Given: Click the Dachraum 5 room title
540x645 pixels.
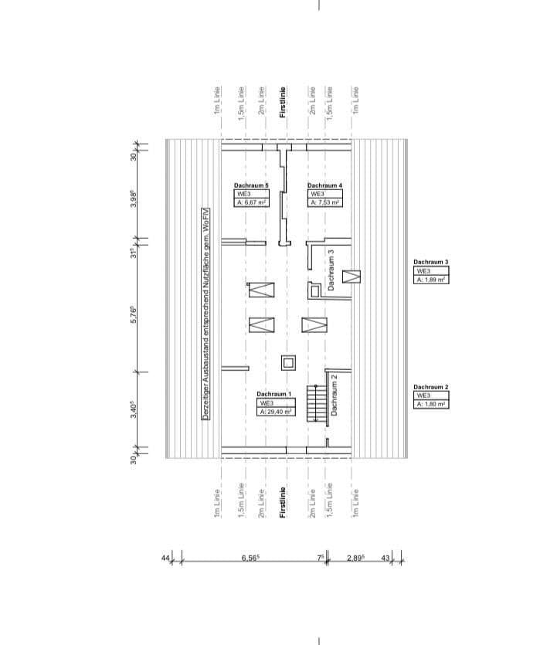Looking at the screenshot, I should point(251,186).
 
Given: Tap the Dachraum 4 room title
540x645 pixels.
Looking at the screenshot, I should point(324,186).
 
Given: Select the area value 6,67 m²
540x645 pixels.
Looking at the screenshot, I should point(251,202).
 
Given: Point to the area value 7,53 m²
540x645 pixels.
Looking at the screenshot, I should point(325,202).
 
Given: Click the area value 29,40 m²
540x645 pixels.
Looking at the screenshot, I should point(274,412).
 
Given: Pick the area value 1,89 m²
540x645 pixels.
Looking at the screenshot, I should point(431,280).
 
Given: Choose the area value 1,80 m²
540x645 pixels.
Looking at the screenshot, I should point(431,404).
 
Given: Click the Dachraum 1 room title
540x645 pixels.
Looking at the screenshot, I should point(274,394).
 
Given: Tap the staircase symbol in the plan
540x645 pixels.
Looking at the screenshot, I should point(315,403).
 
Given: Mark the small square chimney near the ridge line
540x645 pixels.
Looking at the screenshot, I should point(288,362).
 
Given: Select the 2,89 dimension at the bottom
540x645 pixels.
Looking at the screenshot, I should point(356,557).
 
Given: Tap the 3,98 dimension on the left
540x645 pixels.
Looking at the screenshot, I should point(134,199).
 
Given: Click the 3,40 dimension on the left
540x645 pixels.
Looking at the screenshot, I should point(134,409).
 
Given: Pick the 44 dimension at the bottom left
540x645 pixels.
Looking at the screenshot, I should point(165,557).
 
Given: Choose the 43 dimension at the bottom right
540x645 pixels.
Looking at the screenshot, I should point(385,557).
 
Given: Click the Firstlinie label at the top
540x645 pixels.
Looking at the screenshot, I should point(283,101).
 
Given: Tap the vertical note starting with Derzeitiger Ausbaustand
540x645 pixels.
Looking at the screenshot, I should point(206,317).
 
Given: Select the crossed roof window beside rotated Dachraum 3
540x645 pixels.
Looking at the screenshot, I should point(352,276).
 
